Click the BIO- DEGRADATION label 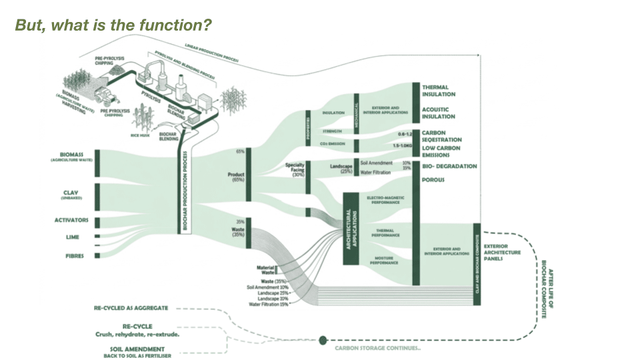449,166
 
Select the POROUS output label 433,179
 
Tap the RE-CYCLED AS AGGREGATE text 131,308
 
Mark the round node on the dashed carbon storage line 323,339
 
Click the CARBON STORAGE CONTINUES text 377,348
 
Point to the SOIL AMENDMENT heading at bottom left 138,348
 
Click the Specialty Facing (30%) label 295,167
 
